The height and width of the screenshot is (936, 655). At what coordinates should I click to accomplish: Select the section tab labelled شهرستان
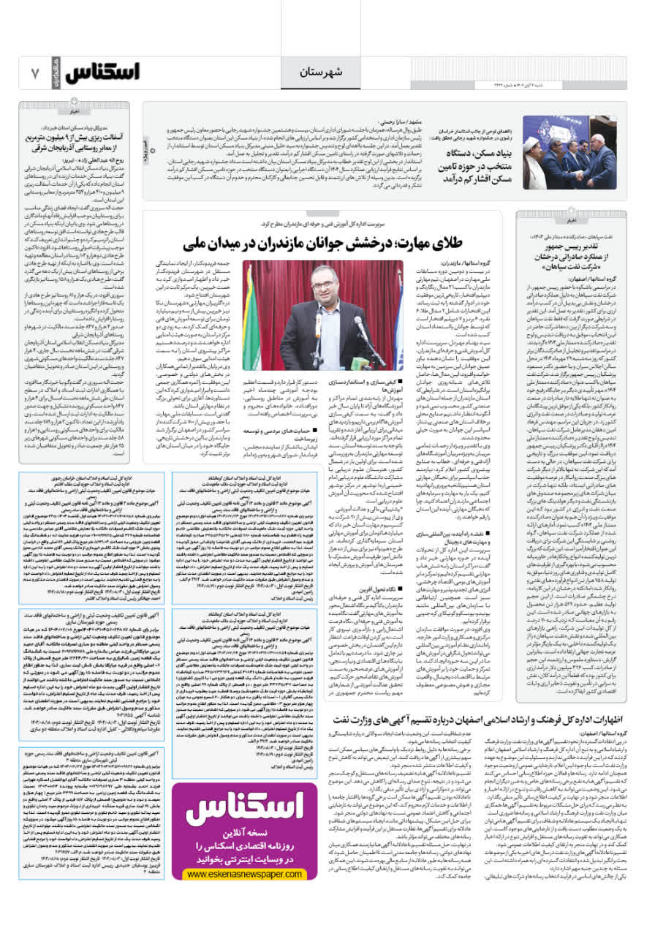(320, 71)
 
